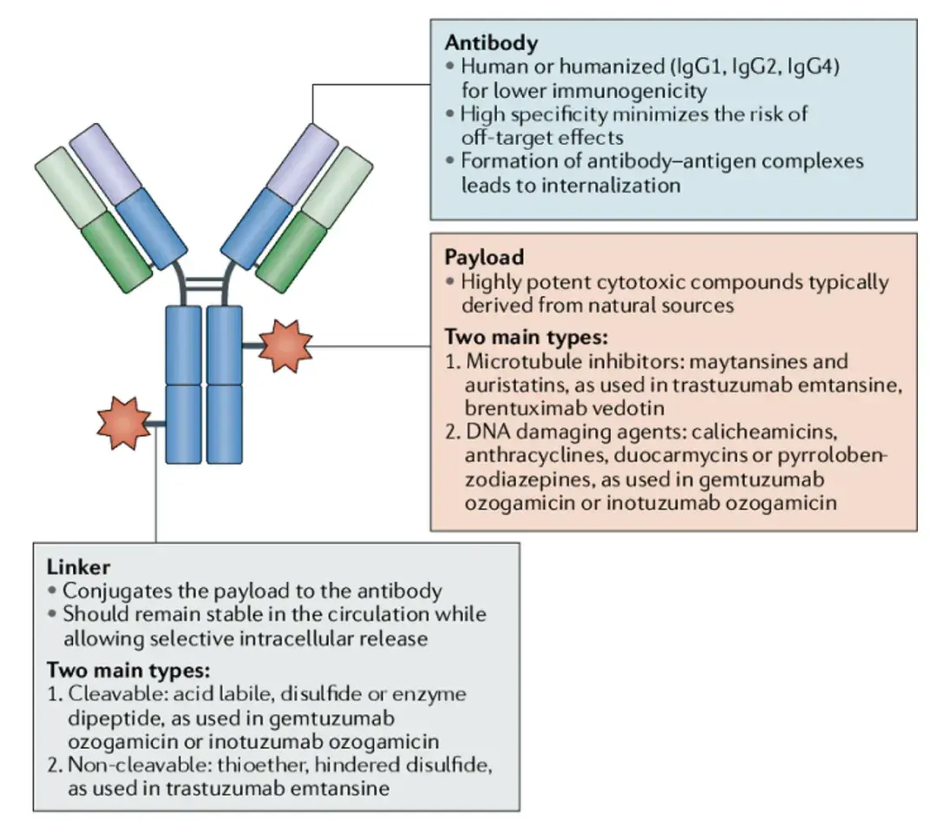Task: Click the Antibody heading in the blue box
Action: (491, 42)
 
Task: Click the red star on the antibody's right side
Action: (286, 346)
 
